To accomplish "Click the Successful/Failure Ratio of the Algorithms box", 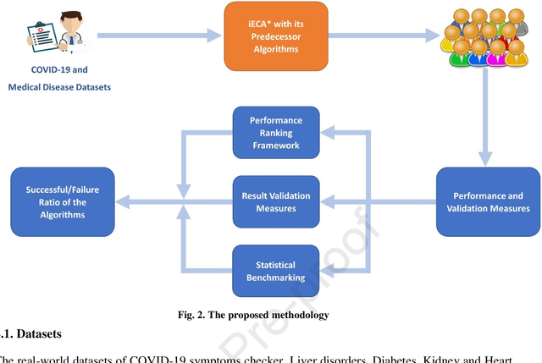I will (x=62, y=202).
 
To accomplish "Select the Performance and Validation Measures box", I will (x=488, y=202).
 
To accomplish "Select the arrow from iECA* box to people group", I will (x=381, y=36).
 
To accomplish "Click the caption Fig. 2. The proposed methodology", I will (x=254, y=316).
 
